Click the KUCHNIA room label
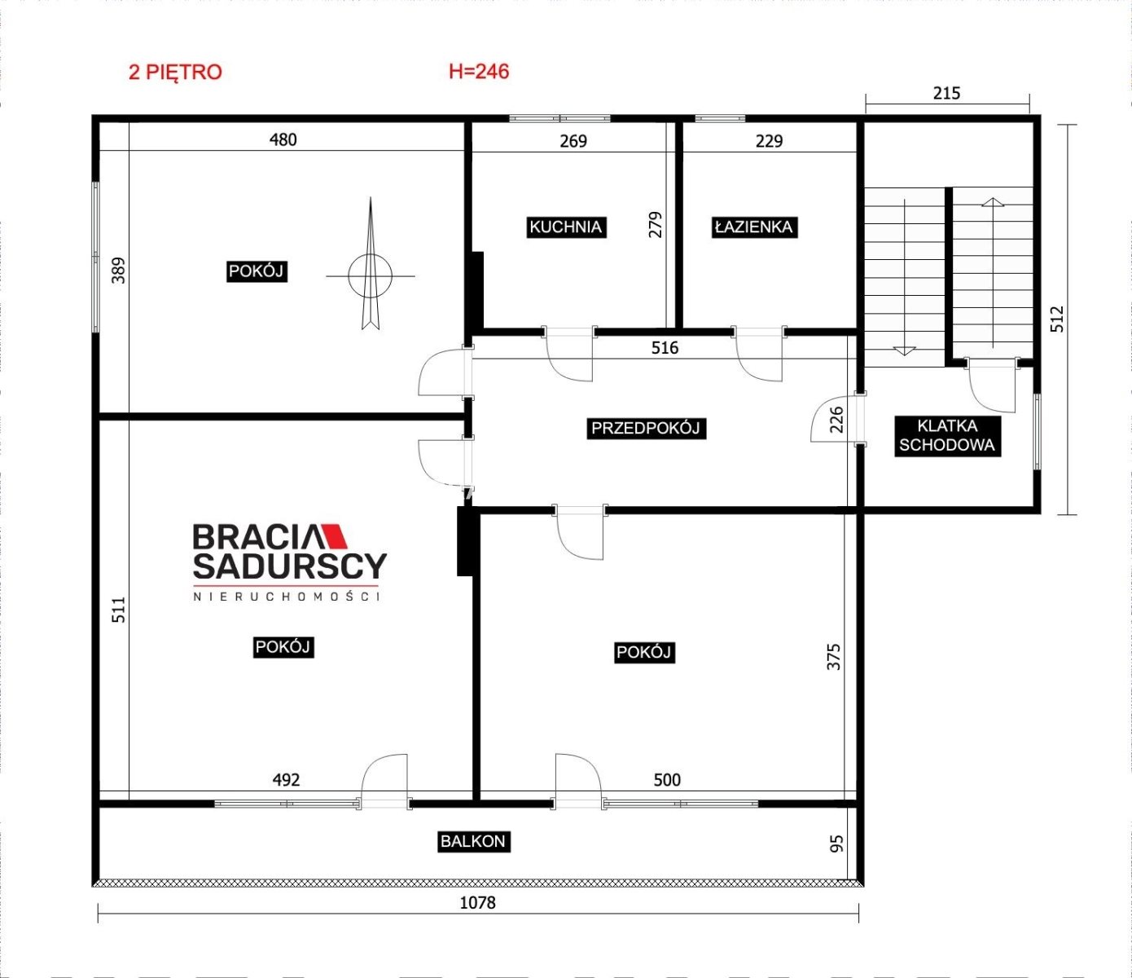(x=566, y=227)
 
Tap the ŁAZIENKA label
(x=754, y=227)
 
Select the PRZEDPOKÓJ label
(x=646, y=428)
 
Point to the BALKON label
(x=473, y=842)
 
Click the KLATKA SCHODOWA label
(x=947, y=436)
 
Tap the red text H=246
(x=479, y=72)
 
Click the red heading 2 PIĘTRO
(x=175, y=73)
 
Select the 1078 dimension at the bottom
(x=477, y=903)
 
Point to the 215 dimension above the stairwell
(x=946, y=94)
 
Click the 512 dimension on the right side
(x=1057, y=319)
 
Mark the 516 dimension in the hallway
(x=665, y=347)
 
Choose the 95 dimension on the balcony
(x=836, y=844)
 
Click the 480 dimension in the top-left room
(x=283, y=140)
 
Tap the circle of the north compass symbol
(x=371, y=276)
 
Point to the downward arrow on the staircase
(x=904, y=277)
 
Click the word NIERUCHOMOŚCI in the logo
(x=287, y=597)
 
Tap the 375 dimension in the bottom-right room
(x=833, y=657)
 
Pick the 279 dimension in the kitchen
(x=655, y=224)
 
